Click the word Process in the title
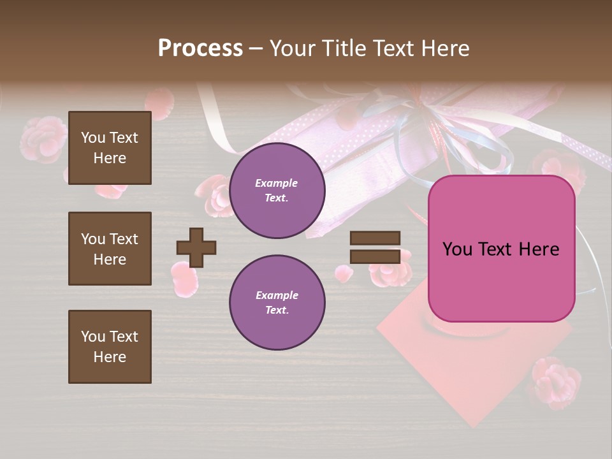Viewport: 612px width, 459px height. click(x=200, y=48)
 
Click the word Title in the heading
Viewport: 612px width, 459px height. click(x=343, y=48)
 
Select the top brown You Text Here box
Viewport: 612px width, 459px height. click(x=110, y=148)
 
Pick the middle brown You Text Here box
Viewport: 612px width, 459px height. click(x=110, y=249)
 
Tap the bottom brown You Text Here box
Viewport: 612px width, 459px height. click(x=110, y=347)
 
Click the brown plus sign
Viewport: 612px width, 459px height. click(x=196, y=247)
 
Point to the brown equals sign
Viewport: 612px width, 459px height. click(x=375, y=247)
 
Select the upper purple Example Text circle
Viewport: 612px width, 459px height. click(x=277, y=191)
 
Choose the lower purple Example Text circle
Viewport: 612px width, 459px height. click(x=277, y=303)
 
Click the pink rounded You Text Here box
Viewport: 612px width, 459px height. click(x=502, y=249)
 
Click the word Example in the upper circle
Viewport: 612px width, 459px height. click(x=277, y=183)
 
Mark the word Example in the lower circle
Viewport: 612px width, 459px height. click(x=277, y=295)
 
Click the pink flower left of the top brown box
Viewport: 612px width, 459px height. click(x=43, y=139)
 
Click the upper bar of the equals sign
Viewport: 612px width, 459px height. click(x=375, y=238)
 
